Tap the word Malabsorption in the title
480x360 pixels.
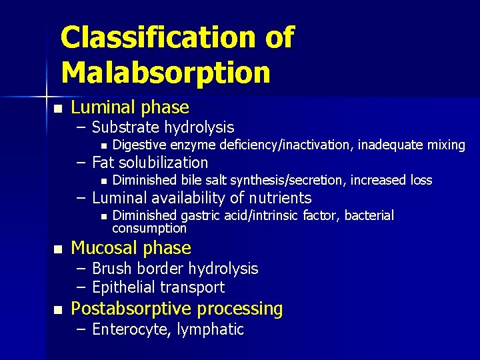(165, 72)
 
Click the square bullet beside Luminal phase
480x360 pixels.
(58, 109)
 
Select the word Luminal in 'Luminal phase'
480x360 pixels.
(101, 107)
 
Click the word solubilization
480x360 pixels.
(167, 163)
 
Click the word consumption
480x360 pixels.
(149, 228)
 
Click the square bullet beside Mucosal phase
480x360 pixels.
(58, 249)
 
